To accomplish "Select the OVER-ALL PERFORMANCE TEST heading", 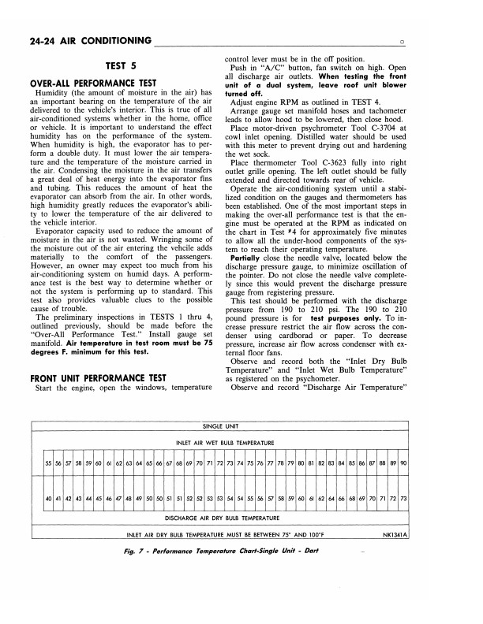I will click(93, 84).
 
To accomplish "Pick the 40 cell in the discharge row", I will click(49, 500).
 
